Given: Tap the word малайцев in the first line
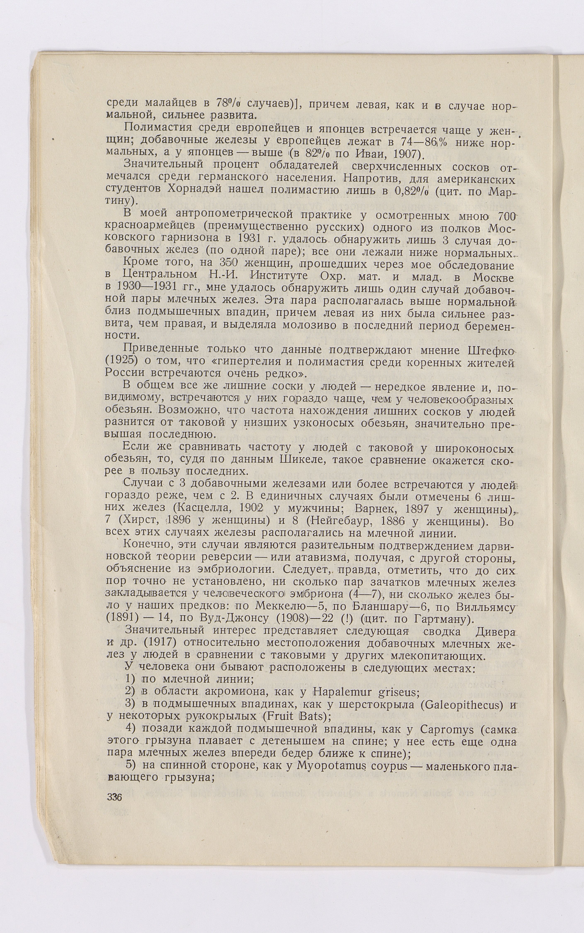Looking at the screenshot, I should (174, 104).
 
